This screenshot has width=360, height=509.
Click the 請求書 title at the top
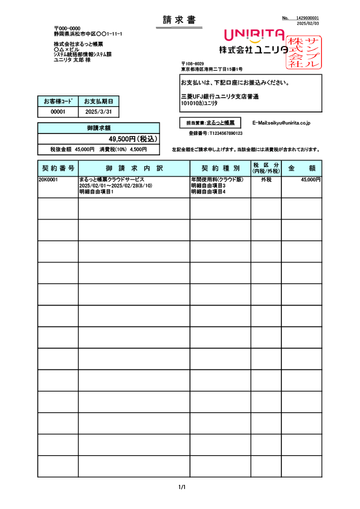pos(179,21)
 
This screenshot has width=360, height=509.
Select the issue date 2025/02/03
pos(308,23)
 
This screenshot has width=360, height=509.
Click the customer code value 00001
pos(58,112)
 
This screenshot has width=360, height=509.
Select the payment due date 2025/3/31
pos(98,112)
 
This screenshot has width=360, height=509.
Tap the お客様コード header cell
pos(58,101)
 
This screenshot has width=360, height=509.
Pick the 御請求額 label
pos(99,128)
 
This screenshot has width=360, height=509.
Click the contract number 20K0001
pos(49,180)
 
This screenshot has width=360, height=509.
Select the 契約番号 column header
pos(58,167)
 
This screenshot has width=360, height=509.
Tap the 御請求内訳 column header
pos(134,167)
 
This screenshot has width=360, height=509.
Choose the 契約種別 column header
pos(220,167)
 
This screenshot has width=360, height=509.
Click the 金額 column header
pos(301,167)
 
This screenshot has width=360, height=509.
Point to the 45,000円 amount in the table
pos(310,180)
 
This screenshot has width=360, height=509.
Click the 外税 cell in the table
pos(266,180)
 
